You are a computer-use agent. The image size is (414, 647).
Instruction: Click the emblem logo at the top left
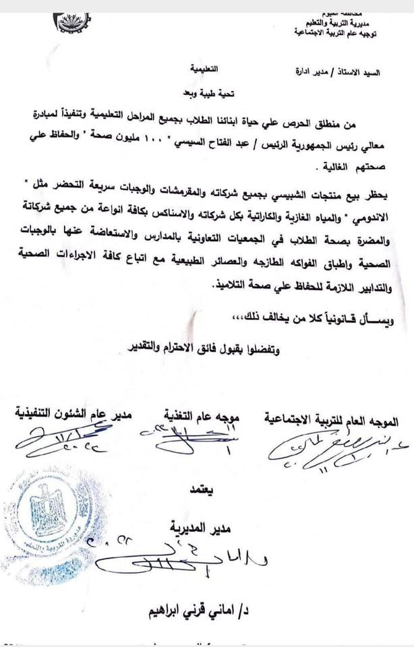[x=75, y=23]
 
